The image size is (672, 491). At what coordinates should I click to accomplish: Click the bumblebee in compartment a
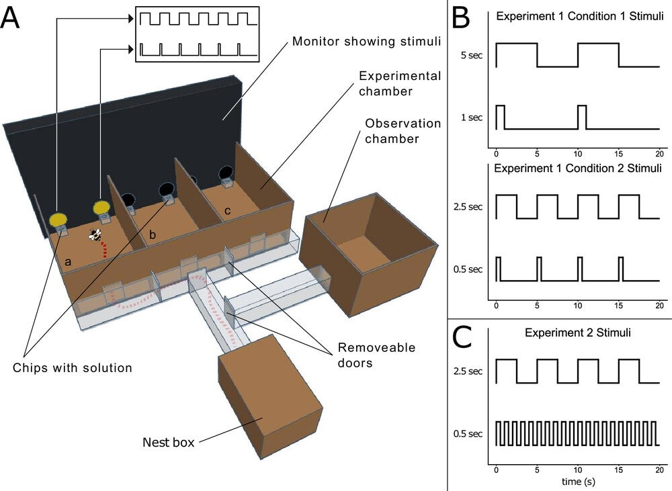(96, 235)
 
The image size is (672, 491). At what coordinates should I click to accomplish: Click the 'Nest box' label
(168, 442)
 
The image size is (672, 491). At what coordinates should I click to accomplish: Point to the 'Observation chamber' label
(403, 131)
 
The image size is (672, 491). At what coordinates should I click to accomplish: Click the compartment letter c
(228, 210)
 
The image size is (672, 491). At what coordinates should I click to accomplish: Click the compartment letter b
(152, 235)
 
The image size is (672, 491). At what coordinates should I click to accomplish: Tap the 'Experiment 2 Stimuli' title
(577, 332)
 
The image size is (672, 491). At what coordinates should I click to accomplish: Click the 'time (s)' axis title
(577, 482)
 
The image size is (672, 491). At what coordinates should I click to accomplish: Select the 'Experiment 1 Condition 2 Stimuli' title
(577, 167)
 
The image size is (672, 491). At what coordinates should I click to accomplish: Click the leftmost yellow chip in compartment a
(58, 219)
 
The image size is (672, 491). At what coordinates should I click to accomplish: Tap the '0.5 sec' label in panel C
(468, 434)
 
